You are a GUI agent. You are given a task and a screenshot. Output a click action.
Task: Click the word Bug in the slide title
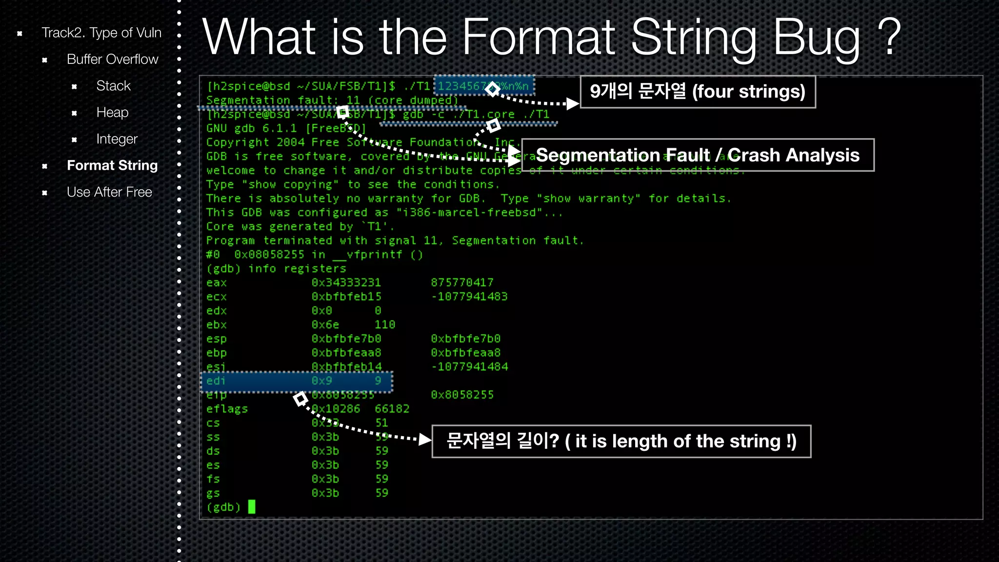coord(817,38)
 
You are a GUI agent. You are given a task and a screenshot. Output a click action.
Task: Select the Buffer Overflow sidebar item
coord(112,60)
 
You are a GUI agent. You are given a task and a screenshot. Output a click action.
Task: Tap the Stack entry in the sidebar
coord(113,86)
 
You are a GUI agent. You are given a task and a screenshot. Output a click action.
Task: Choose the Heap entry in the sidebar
coord(112,113)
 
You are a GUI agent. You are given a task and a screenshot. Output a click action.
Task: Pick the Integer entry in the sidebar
coord(117,139)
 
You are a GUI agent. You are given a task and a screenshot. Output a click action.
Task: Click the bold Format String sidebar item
coord(112,165)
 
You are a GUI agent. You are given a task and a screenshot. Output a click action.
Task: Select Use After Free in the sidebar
coord(109,192)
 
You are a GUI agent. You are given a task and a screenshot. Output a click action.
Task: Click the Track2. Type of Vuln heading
coord(101,33)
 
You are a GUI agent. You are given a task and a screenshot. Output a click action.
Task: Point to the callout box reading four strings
coord(698,92)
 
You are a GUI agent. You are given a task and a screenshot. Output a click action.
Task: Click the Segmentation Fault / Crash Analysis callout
coord(698,155)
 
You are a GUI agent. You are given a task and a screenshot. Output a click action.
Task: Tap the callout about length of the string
coord(621,442)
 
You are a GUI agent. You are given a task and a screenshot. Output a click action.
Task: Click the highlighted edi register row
coord(297,381)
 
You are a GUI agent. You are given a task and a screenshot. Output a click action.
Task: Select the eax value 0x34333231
coord(346,283)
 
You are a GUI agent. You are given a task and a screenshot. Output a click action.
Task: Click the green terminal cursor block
coord(252,507)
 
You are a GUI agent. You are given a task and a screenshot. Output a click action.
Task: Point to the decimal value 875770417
coord(462,283)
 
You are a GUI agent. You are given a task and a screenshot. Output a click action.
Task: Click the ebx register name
coord(216,325)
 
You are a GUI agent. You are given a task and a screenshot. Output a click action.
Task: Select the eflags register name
coord(227,409)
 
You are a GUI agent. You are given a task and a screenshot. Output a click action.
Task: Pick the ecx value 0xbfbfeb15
coord(346,297)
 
